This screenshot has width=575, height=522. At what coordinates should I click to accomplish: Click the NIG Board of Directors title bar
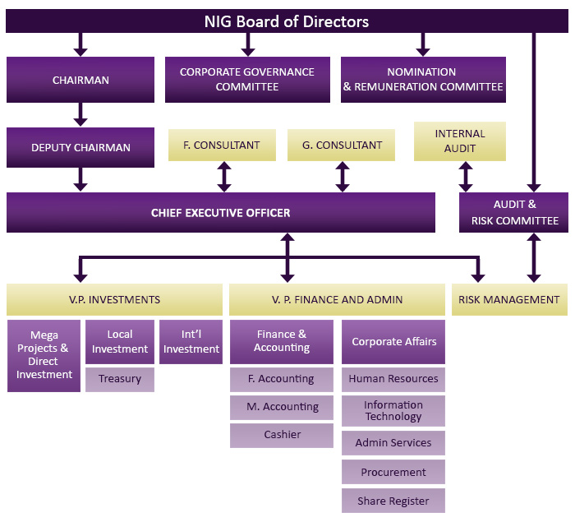tap(286, 21)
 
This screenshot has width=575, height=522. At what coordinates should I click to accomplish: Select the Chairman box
tap(80, 80)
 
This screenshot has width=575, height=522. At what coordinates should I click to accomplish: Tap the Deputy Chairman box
tap(80, 147)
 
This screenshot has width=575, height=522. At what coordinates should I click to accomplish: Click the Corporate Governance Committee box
tap(247, 80)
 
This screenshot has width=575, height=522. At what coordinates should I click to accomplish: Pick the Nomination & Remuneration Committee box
tap(422, 80)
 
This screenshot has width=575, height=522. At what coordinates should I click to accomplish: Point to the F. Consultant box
tap(222, 145)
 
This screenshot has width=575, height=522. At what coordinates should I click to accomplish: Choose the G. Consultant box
tap(342, 145)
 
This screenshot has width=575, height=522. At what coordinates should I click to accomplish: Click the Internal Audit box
tap(460, 141)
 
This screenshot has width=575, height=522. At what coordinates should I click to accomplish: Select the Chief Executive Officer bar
tap(220, 213)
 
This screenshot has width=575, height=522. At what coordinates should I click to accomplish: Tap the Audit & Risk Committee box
tap(514, 213)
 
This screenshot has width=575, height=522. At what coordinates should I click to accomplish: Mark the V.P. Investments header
tap(114, 300)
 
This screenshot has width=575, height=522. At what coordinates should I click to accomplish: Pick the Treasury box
tap(120, 379)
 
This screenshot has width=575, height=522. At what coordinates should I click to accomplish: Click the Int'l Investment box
tap(191, 342)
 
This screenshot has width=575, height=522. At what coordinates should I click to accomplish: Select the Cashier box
tap(282, 435)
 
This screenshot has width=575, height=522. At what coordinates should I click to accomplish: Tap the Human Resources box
tap(393, 379)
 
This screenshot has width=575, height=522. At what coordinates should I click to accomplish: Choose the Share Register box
tap(393, 501)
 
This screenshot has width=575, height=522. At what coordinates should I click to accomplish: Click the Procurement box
tap(393, 473)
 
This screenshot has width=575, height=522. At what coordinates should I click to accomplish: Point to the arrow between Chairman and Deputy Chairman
tap(80, 114)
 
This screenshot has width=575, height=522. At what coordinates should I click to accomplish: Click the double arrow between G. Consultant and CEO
tap(343, 177)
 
